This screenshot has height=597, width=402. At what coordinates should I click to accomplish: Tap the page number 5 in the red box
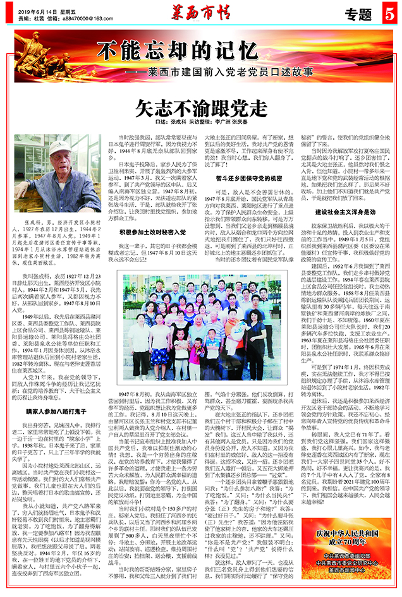pos(389,11)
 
